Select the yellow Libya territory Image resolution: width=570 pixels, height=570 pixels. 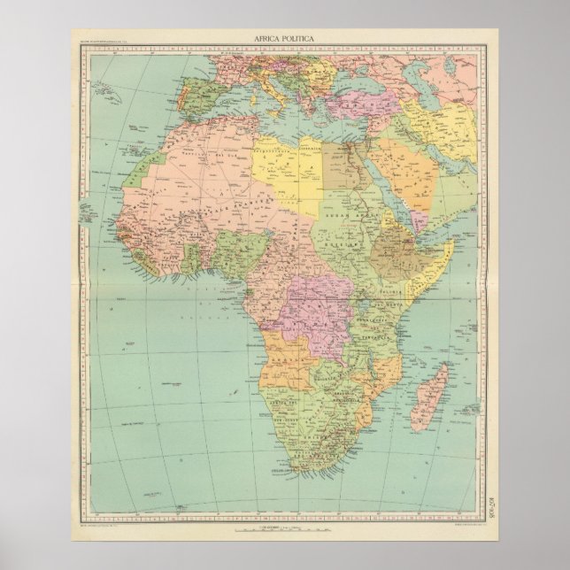pyautogui.click(x=292, y=168)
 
